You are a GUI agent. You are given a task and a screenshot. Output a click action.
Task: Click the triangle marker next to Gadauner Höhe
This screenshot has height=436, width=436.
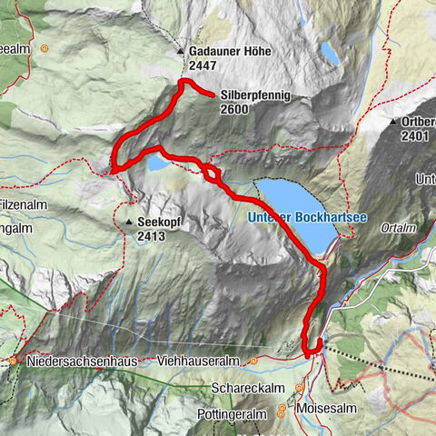pyautogui.click(x=181, y=52)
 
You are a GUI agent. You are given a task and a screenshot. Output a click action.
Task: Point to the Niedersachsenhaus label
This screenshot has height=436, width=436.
pyautogui.click(x=81, y=361)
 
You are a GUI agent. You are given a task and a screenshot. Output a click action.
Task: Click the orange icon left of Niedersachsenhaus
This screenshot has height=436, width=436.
pyautogui.click(x=14, y=361)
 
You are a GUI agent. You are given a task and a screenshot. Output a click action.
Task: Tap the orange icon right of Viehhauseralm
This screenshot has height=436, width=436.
pyautogui.click(x=254, y=361)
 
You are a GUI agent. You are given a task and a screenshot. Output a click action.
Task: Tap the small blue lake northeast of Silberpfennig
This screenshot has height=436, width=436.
pyautogui.click(x=329, y=54)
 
